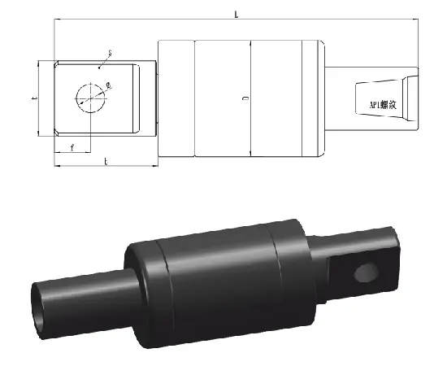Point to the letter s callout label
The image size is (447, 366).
click(x=110, y=53)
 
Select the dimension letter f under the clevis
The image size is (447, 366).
click(x=73, y=146)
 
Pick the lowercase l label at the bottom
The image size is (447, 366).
click(x=106, y=162)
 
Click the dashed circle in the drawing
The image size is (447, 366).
click(x=91, y=98)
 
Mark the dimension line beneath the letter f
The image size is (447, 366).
click(x=73, y=152)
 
